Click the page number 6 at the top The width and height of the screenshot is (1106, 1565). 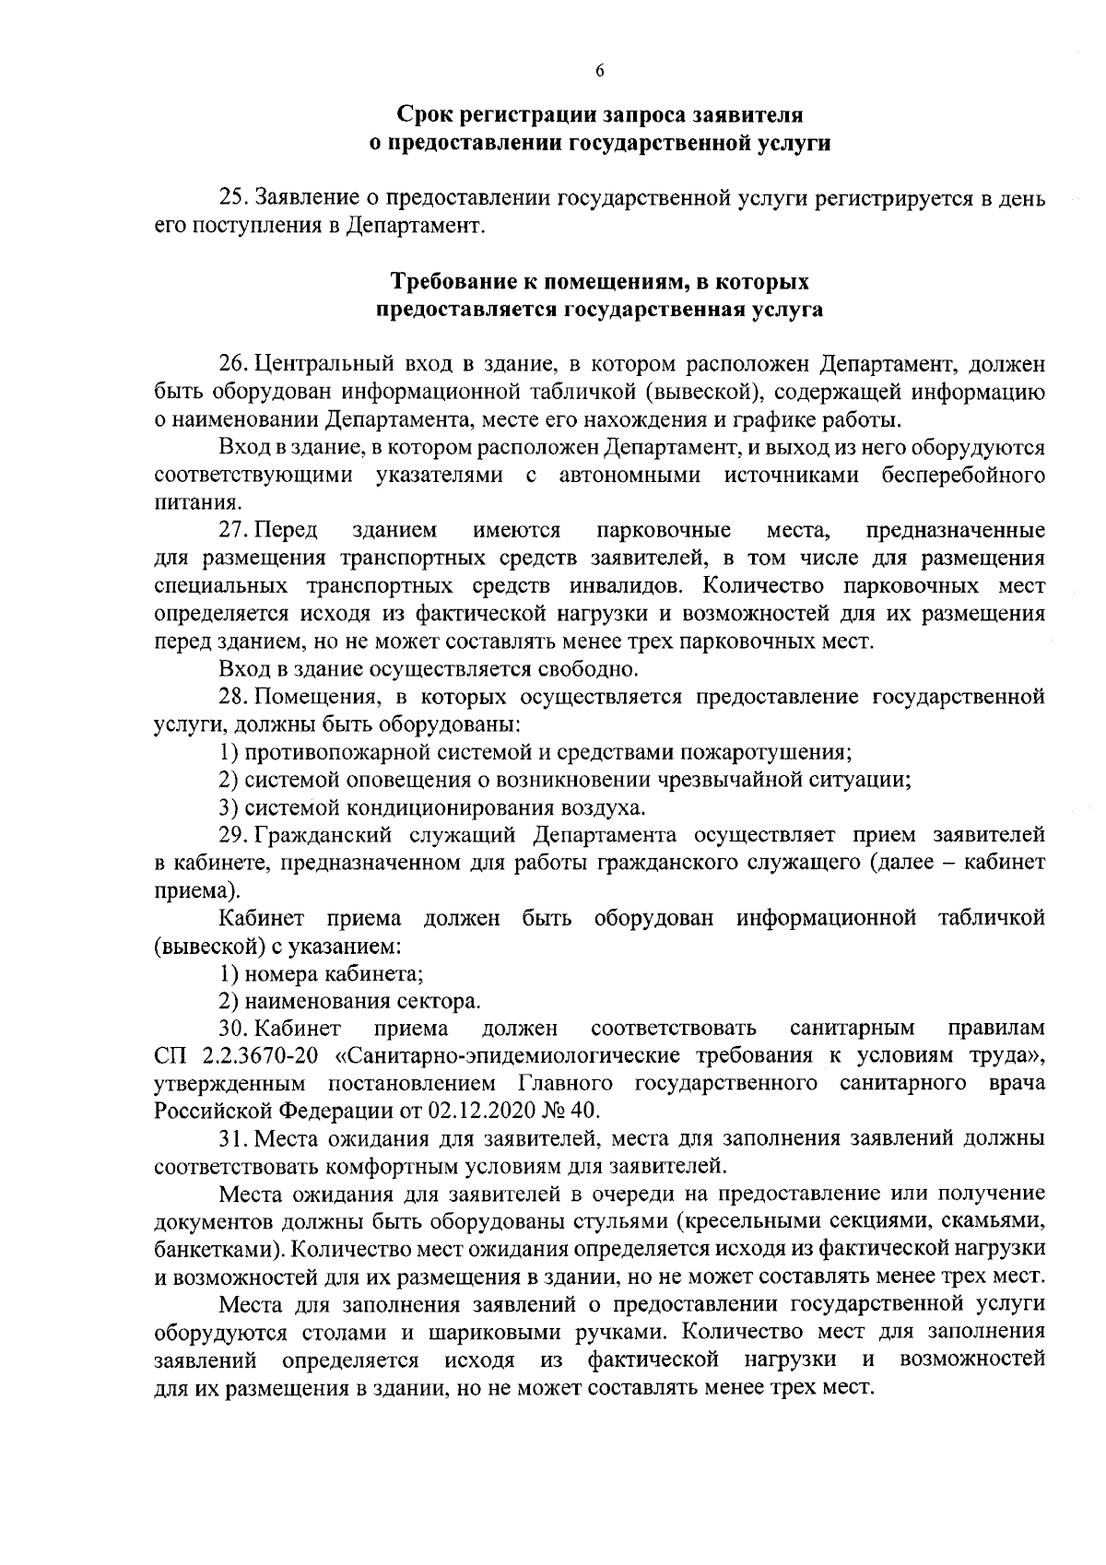[599, 73]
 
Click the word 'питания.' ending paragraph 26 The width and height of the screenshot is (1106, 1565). [185, 503]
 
